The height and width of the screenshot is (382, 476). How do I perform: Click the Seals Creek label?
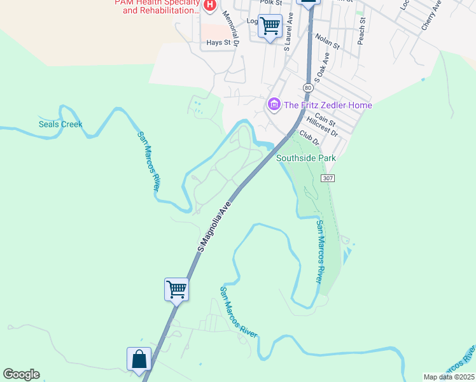60,124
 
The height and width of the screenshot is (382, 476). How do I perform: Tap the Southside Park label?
305,158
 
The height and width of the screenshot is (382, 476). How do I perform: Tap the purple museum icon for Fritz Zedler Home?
274,104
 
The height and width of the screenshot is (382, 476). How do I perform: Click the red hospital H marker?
211,6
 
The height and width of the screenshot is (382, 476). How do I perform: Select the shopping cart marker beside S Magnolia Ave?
176,290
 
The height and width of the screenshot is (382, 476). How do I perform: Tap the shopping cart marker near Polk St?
270,26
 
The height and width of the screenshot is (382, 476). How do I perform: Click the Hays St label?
218,43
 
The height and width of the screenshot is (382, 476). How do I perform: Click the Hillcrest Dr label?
322,127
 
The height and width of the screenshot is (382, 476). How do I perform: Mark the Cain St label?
325,117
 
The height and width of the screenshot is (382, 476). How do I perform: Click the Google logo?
21,374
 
